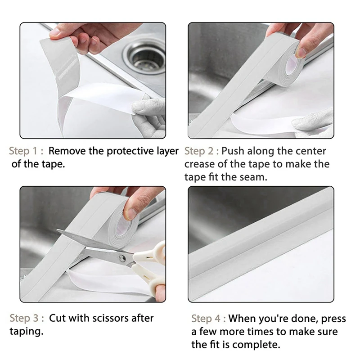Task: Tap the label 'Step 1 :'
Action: (x=26, y=151)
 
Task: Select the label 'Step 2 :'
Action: (x=202, y=151)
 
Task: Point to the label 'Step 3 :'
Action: (x=27, y=318)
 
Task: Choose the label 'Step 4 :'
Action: (x=208, y=319)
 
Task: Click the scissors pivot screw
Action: (x=122, y=259)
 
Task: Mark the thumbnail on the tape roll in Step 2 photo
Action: (x=301, y=52)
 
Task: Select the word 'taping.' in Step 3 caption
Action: (x=27, y=332)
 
